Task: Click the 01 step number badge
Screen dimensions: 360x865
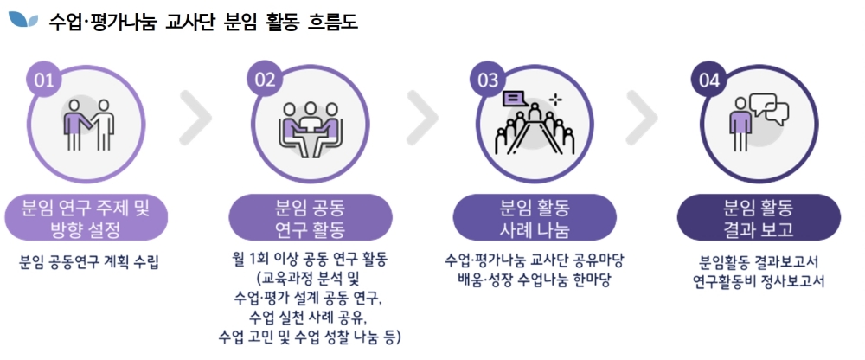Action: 45,80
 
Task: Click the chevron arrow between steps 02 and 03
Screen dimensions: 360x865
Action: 422,117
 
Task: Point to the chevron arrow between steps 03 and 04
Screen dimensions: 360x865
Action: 643,117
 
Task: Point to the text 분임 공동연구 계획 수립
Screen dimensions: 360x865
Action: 89,260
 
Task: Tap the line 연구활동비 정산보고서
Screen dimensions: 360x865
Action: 758,281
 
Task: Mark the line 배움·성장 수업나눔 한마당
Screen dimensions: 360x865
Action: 535,281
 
